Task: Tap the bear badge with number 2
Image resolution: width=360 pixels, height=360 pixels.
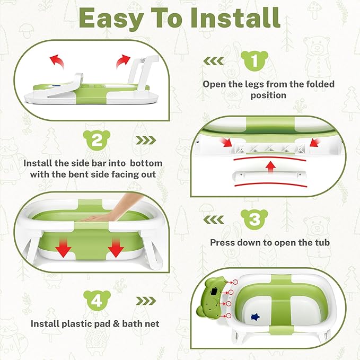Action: [96, 141]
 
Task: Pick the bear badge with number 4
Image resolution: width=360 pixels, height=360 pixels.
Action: [96, 301]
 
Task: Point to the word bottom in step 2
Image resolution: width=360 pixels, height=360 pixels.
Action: [144, 163]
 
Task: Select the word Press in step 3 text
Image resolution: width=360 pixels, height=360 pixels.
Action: [223, 242]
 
